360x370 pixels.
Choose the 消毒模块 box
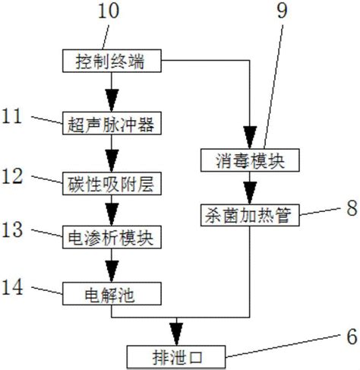[248, 160]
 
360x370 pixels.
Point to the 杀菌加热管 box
[248, 214]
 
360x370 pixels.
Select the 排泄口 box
[176, 354]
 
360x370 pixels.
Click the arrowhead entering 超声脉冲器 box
[111, 105]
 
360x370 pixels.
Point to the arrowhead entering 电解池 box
[111, 273]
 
